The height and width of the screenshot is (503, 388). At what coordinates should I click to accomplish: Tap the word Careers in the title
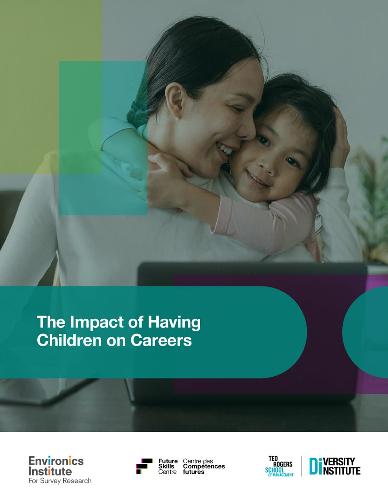coord(161,340)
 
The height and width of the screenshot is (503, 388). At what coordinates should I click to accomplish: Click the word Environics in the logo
coord(56,461)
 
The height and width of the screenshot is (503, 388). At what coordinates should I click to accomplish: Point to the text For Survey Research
coord(60,481)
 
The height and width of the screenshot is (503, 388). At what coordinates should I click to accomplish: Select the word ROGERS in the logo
coord(283,464)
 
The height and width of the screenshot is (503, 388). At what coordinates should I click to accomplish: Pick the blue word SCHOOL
coord(275,470)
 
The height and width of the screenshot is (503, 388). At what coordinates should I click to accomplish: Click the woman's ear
coord(175,100)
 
